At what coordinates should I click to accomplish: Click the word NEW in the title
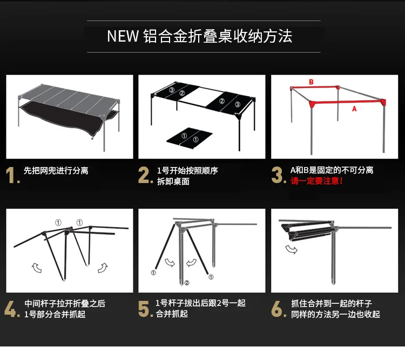123,36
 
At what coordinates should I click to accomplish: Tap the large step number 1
11,175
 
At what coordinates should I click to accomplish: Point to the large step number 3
278,175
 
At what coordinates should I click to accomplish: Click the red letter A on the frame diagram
354,109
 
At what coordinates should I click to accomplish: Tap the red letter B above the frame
311,82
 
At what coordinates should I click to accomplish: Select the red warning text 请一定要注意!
316,181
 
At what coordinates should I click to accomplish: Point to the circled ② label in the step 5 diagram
187,283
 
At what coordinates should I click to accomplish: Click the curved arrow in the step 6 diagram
292,250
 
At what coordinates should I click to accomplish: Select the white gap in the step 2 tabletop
201,97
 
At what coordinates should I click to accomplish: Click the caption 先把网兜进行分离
56,171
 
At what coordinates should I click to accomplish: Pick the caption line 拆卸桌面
173,181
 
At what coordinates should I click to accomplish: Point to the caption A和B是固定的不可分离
332,170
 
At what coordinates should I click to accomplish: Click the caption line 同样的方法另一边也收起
335,314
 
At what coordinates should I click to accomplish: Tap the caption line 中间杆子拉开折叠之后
65,303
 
